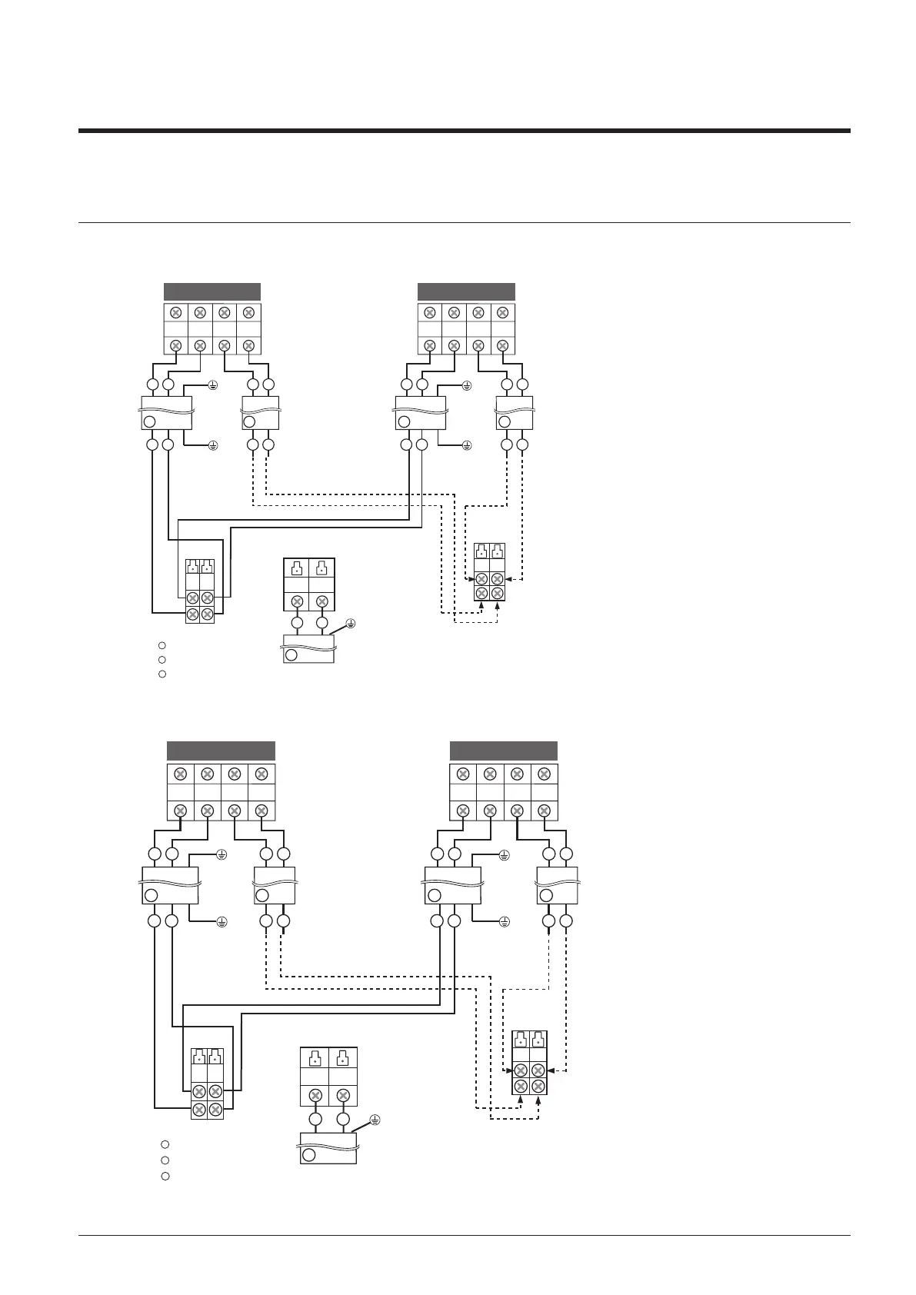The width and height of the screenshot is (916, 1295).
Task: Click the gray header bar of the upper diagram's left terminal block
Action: tap(212, 291)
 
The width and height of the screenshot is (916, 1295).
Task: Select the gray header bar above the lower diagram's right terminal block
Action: tap(503, 751)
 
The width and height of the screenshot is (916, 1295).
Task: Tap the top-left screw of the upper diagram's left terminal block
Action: tap(175, 312)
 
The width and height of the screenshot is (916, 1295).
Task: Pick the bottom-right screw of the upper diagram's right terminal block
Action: tap(502, 345)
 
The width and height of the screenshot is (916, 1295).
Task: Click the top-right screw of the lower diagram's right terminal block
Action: tap(545, 774)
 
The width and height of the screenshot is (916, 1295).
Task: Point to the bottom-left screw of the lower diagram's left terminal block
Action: tap(180, 810)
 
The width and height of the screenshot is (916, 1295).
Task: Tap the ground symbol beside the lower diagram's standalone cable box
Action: tap(375, 1119)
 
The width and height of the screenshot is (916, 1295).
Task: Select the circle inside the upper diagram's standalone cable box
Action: tap(291, 655)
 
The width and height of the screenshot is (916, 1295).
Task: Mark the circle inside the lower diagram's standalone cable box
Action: tap(308, 1155)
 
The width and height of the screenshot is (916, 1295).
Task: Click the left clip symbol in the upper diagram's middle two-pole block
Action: tap(296, 570)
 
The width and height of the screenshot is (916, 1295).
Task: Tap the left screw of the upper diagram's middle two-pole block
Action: tap(297, 602)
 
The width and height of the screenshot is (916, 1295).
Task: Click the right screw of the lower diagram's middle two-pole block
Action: tap(343, 1095)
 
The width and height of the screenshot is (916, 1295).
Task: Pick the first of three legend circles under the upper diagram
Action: tap(162, 644)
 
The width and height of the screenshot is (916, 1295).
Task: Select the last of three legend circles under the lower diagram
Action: tap(165, 1176)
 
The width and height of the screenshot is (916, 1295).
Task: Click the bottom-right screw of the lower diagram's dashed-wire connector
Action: tap(538, 1086)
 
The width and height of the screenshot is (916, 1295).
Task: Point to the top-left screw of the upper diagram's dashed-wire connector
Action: tap(481, 578)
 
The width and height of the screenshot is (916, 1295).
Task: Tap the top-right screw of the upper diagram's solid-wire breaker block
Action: tap(207, 598)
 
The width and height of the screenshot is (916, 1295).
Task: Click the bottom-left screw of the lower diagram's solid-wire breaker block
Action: tap(198, 1109)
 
